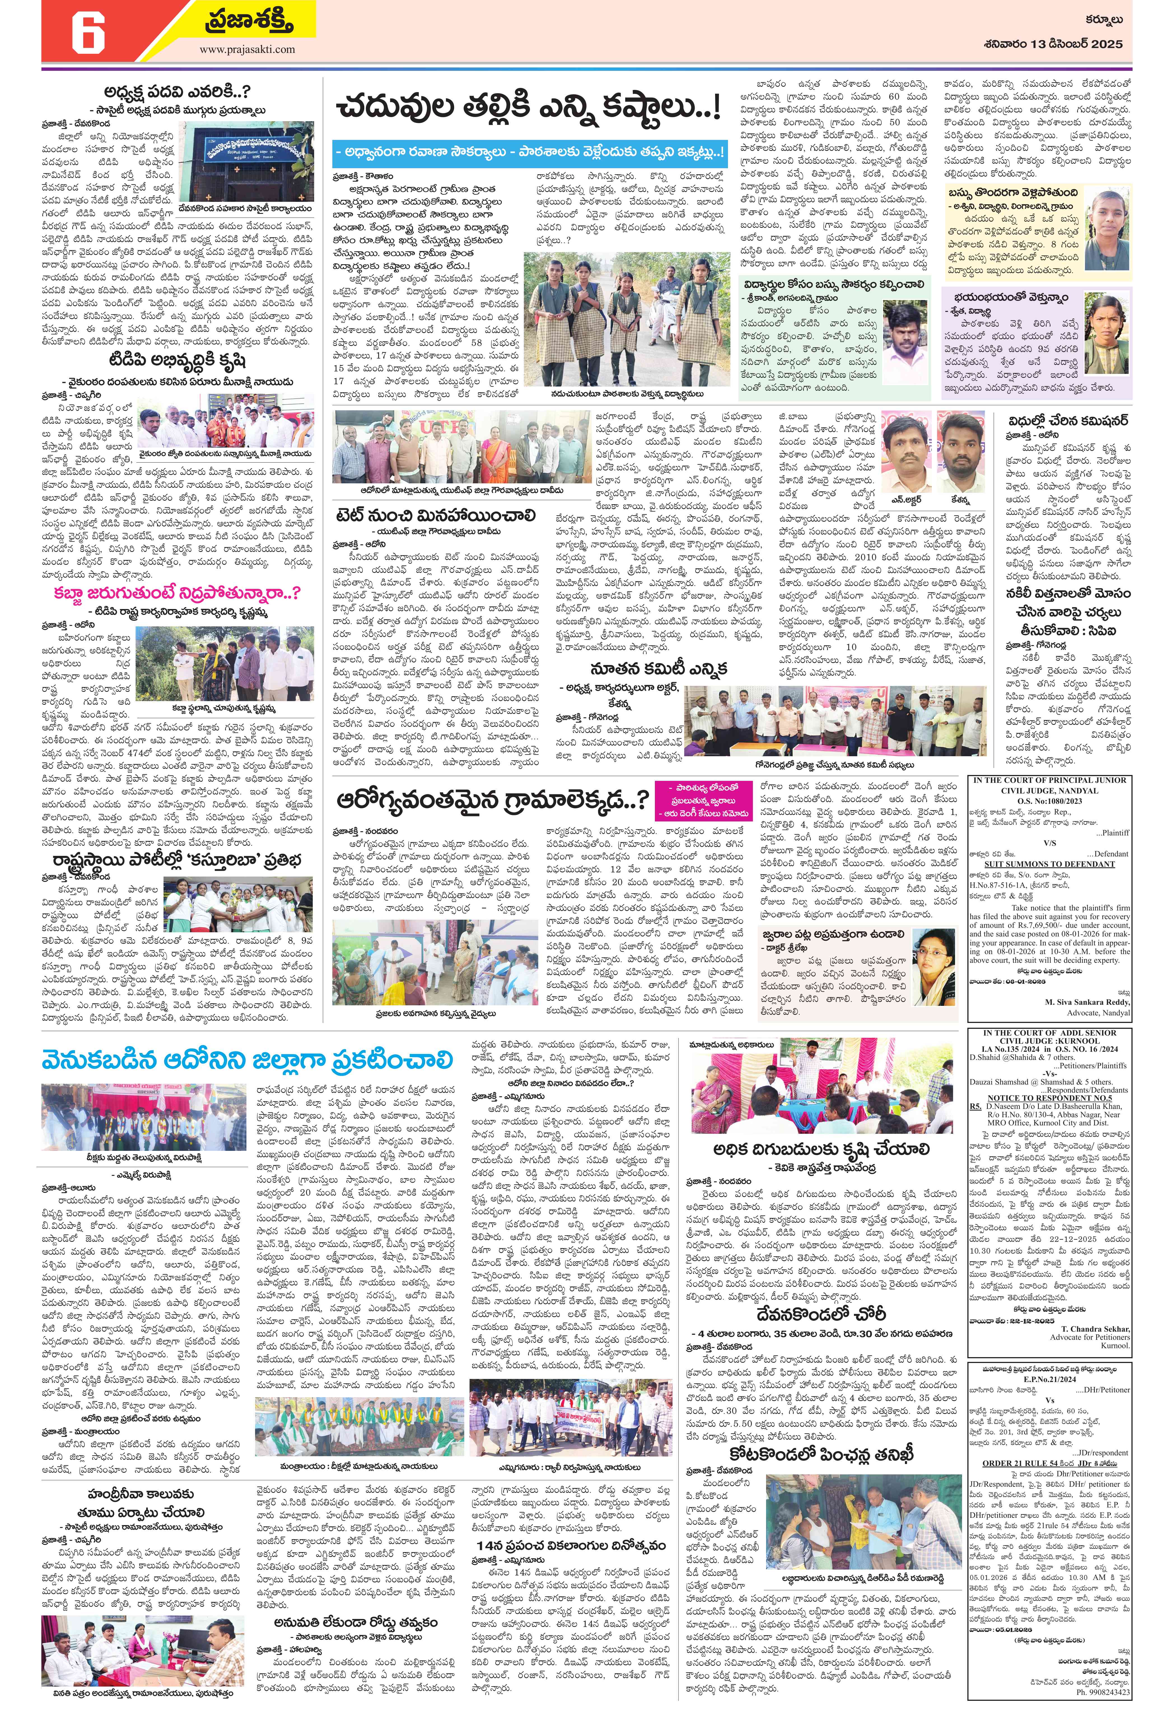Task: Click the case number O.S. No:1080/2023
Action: [x=1049, y=800]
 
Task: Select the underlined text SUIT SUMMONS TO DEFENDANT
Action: [x=1049, y=864]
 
